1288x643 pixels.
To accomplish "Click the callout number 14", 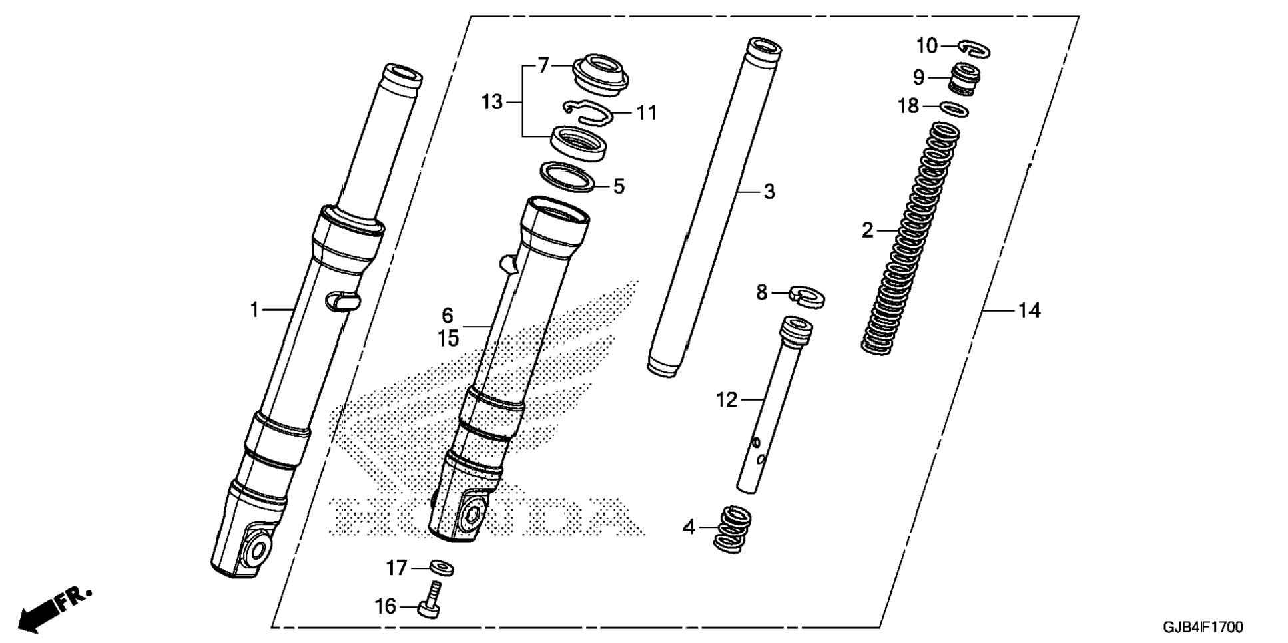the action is pyautogui.click(x=1029, y=310).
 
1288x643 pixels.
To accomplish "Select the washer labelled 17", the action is pyautogui.click(x=442, y=568).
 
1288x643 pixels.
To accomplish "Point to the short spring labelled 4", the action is pyautogui.click(x=732, y=529).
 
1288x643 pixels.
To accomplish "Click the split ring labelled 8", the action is pyautogui.click(x=806, y=296).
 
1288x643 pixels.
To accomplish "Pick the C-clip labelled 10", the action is pyautogui.click(x=975, y=49).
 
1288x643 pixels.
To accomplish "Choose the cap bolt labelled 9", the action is pyautogui.click(x=964, y=79).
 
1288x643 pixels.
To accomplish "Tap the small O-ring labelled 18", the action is pyautogui.click(x=954, y=108).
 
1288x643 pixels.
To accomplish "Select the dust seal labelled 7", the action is pyautogui.click(x=601, y=73).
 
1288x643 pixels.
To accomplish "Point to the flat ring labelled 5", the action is pyautogui.click(x=567, y=176).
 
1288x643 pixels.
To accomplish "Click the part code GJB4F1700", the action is pyautogui.click(x=1203, y=627).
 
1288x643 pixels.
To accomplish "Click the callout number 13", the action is pyautogui.click(x=492, y=103).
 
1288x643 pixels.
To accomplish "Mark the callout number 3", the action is pyautogui.click(x=769, y=192).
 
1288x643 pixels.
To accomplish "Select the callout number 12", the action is pyautogui.click(x=727, y=400).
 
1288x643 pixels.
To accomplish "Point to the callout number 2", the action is pyautogui.click(x=867, y=230).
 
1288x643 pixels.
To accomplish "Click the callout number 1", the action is pyautogui.click(x=254, y=310).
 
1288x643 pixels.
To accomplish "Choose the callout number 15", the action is pyautogui.click(x=448, y=339).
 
